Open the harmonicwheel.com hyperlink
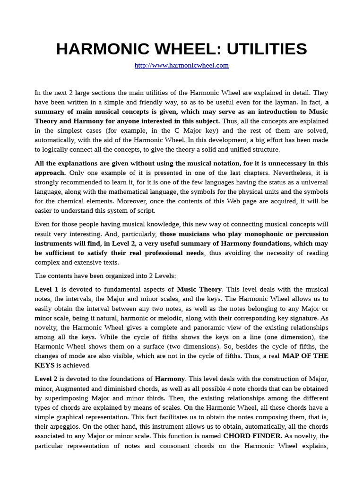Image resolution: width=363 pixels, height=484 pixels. click(x=181, y=66)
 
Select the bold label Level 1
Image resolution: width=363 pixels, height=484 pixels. click(x=46, y=289)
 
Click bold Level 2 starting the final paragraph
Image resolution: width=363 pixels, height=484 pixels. click(x=46, y=379)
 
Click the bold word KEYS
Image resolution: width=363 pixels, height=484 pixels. click(x=44, y=365)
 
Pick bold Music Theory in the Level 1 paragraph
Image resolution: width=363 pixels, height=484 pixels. click(x=199, y=289)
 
